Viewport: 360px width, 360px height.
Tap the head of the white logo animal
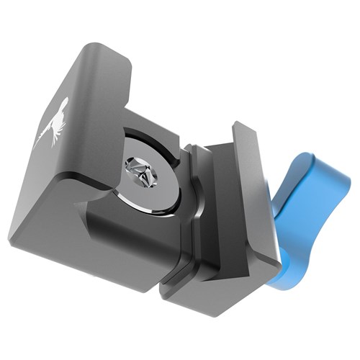pyautogui.click(x=63, y=104)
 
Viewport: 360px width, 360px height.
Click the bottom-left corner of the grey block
pyautogui.click(x=13, y=238)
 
